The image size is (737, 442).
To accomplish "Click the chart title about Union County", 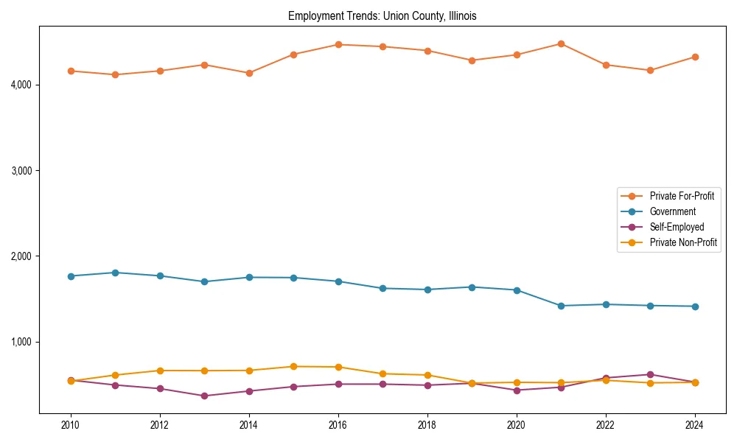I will (382, 15).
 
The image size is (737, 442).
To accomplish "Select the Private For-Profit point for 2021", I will (561, 43).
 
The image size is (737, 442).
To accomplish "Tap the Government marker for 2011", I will (116, 273).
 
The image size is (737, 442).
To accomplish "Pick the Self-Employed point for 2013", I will (204, 396).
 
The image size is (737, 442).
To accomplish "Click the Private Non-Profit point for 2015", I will (293, 366).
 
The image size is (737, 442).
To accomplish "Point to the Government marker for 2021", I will (561, 306).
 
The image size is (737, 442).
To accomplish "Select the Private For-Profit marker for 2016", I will (338, 44).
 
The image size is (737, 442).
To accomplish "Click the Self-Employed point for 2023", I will (650, 374).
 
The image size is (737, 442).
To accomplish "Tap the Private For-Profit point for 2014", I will (249, 73).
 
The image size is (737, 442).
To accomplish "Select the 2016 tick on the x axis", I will (338, 425).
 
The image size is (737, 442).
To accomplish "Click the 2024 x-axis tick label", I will (695, 425).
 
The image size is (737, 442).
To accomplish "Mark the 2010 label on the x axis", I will (71, 425).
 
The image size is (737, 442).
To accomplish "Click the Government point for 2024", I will (695, 306).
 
